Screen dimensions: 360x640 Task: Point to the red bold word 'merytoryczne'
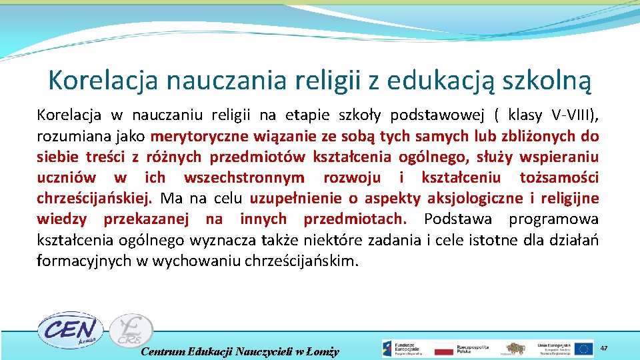(194, 137)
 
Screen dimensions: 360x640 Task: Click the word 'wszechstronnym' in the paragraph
(244, 178)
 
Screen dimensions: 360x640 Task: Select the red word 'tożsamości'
(559, 178)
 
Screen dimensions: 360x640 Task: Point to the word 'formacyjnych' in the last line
(84, 261)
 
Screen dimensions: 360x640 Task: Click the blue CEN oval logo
(67, 329)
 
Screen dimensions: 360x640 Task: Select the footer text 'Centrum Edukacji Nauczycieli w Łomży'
(241, 351)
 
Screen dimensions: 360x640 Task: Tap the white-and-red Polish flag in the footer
(443, 349)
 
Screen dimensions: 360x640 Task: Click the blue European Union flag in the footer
(584, 349)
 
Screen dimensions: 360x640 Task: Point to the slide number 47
(604, 349)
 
